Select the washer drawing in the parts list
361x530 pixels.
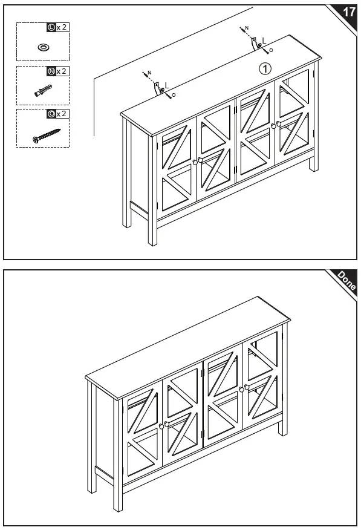44,47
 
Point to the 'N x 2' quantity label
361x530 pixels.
58,71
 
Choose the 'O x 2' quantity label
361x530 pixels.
58,114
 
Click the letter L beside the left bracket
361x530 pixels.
167,85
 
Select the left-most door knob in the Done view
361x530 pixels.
161,426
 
